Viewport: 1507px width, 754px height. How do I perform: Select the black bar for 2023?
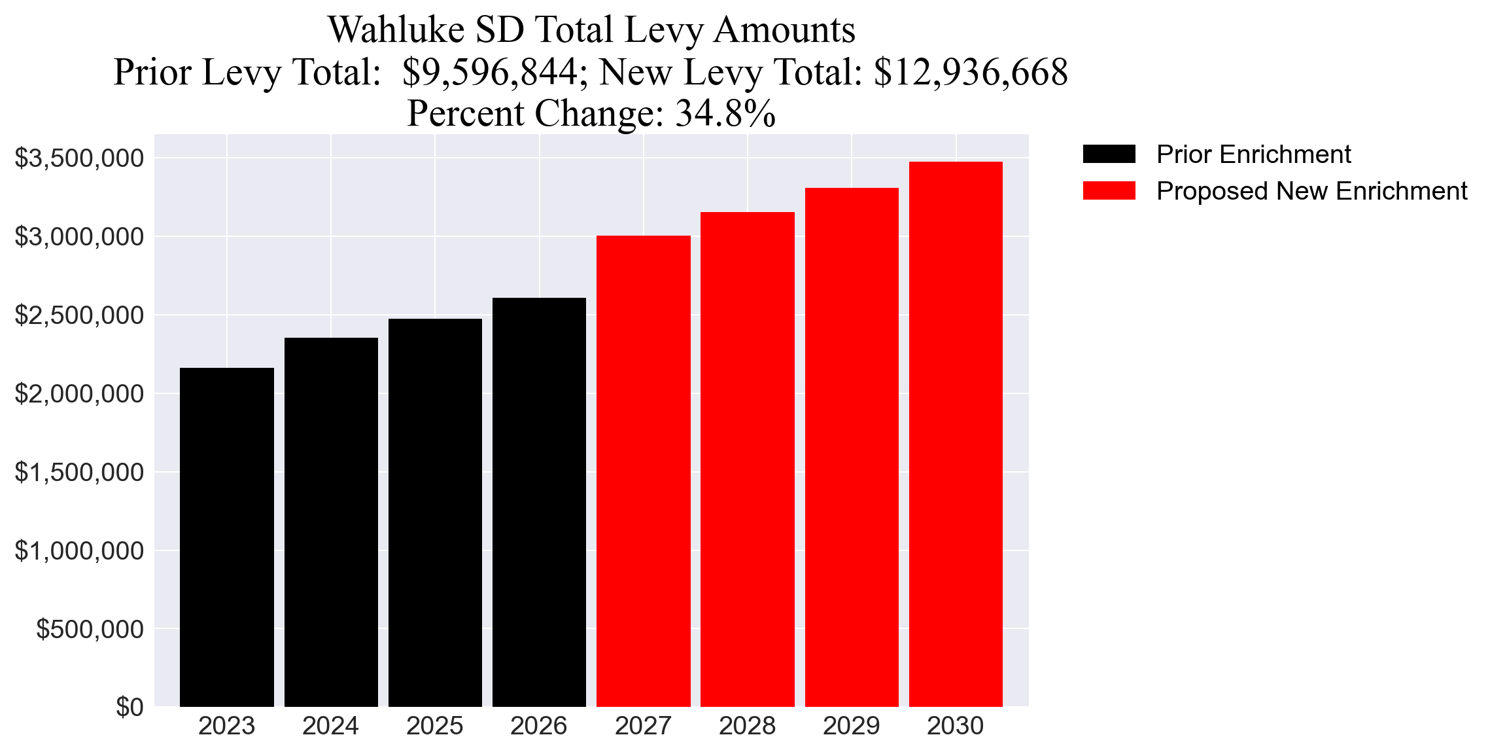click(x=226, y=537)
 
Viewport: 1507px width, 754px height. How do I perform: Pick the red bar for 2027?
click(x=643, y=471)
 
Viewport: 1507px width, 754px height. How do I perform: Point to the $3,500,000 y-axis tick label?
click(x=79, y=158)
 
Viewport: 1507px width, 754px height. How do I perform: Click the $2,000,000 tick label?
click(x=79, y=394)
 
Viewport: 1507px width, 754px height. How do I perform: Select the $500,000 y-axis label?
click(x=90, y=629)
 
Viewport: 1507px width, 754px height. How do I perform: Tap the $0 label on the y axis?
click(x=130, y=708)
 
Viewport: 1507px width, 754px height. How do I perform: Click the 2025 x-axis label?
click(x=435, y=726)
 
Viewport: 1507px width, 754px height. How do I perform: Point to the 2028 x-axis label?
click(x=747, y=726)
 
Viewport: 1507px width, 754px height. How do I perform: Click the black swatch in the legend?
click(x=1109, y=154)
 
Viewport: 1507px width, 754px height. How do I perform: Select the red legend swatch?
click(x=1109, y=191)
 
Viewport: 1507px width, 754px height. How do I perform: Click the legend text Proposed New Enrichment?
click(x=1311, y=191)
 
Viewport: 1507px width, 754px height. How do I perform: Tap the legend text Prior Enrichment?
click(x=1253, y=154)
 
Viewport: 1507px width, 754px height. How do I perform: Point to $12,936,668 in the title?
click(x=971, y=72)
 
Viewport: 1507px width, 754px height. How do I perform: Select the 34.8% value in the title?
click(x=725, y=113)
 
